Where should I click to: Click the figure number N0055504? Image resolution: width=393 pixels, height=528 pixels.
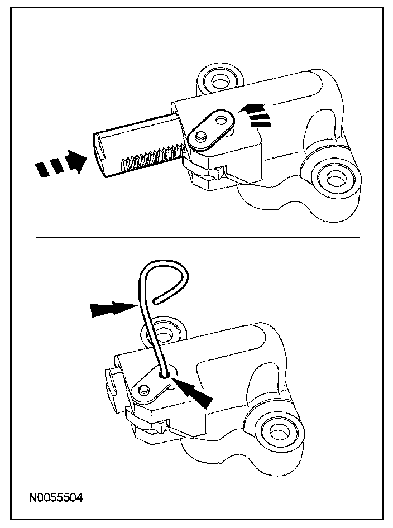(56, 498)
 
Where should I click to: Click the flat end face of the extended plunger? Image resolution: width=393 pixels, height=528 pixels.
(99, 155)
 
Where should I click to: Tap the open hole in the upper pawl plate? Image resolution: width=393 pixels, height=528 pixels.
(221, 120)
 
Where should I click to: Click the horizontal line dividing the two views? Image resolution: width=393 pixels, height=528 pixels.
(198, 238)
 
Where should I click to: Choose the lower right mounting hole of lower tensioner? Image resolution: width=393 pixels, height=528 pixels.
(277, 433)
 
